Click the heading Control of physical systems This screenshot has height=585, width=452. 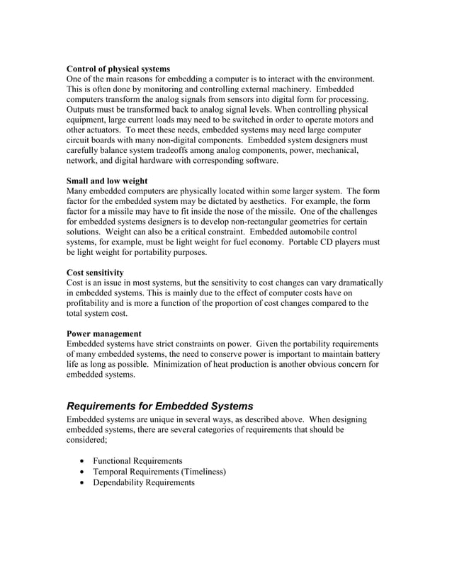(x=118, y=68)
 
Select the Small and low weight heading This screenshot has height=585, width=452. (x=107, y=181)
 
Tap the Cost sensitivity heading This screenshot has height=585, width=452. (x=95, y=272)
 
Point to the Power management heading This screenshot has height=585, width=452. (x=103, y=333)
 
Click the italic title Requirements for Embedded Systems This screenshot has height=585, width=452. (x=159, y=406)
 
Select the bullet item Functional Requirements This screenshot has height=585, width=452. (x=137, y=460)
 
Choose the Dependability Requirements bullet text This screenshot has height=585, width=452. (x=143, y=482)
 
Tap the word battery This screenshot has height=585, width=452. (x=363, y=353)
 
